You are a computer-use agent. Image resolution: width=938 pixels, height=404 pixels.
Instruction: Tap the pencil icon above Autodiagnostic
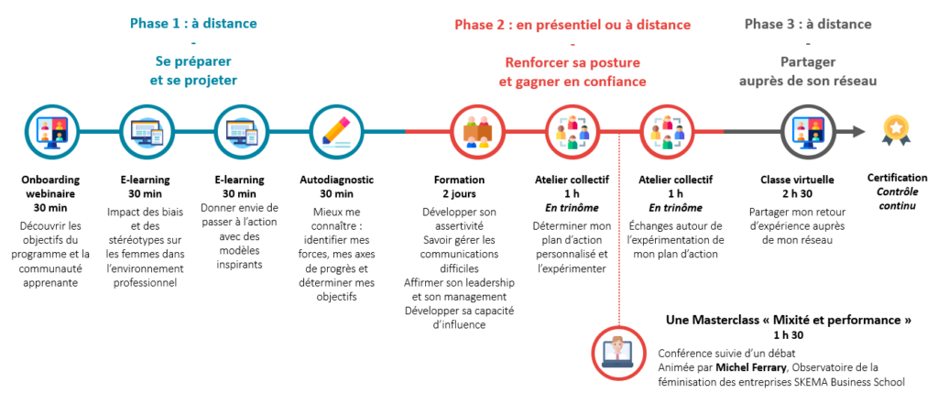click(x=336, y=132)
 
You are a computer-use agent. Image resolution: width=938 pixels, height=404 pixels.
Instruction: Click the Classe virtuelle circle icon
click(x=808, y=132)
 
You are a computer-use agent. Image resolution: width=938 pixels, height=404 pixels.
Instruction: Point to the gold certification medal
click(x=898, y=131)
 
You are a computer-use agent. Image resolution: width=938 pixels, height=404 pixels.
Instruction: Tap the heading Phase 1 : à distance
click(x=193, y=24)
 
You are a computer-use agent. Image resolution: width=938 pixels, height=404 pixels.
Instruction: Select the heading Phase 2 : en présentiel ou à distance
click(x=573, y=25)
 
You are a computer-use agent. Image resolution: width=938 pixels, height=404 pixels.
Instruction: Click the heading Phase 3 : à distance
click(x=808, y=25)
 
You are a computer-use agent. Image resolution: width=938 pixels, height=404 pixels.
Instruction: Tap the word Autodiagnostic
click(x=336, y=180)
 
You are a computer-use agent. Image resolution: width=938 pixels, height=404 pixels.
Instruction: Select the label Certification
click(x=898, y=178)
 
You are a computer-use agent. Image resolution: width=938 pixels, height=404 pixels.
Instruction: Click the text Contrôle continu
click(x=898, y=199)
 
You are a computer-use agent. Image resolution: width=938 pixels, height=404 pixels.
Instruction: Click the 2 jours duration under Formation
click(x=459, y=194)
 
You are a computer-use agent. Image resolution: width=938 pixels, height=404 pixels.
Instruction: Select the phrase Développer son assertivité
click(x=459, y=219)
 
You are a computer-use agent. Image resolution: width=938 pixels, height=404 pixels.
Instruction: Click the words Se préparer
click(x=193, y=61)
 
